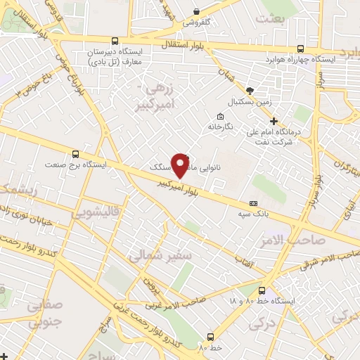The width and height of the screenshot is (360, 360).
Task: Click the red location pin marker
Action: coord(181,165)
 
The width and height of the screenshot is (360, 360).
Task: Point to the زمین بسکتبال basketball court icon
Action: coord(250,91)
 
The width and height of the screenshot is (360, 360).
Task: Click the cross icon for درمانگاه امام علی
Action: coord(274,120)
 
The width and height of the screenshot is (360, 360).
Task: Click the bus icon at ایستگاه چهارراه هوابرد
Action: coord(301,49)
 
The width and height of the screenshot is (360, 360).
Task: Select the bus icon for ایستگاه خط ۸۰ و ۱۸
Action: coord(262,290)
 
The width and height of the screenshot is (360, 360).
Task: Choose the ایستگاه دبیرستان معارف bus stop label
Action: coord(113,58)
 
